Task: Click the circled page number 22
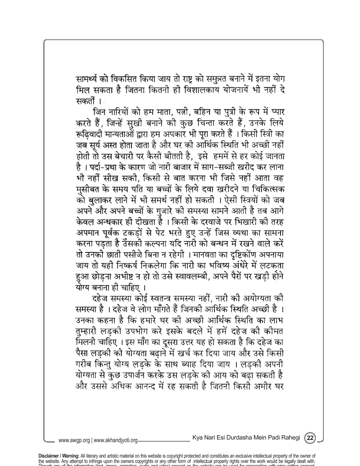pos(311,438)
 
